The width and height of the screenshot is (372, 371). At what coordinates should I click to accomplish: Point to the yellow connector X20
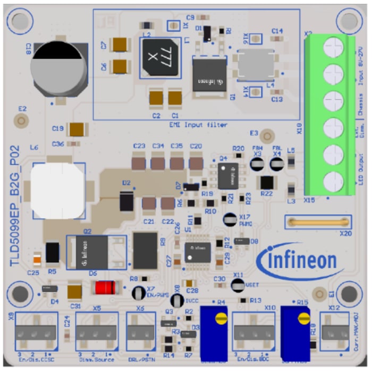click(x=318, y=221)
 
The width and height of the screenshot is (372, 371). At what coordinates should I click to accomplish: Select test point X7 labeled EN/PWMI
click(x=138, y=292)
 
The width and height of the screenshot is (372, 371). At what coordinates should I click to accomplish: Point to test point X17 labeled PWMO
click(x=230, y=218)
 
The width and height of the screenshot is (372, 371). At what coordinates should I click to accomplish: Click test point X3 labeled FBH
click(x=257, y=165)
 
